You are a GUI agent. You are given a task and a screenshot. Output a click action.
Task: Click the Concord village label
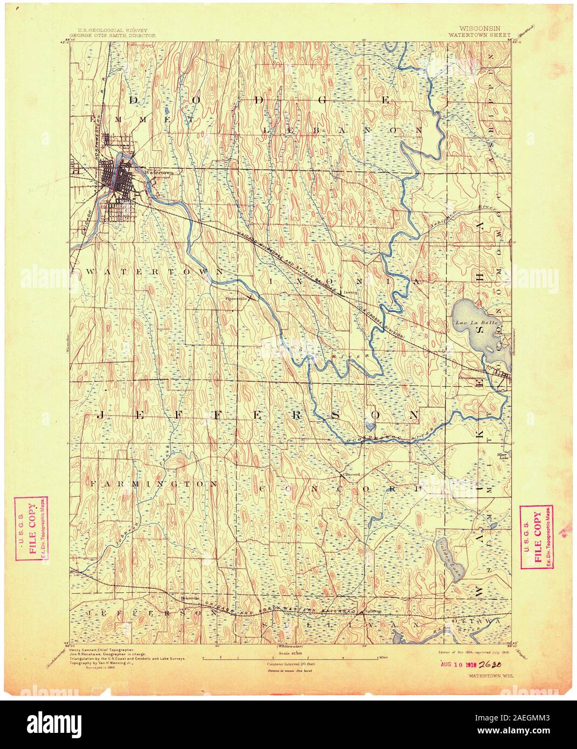click(351, 475)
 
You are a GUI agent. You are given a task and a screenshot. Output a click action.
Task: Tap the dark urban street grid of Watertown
click(119, 181)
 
